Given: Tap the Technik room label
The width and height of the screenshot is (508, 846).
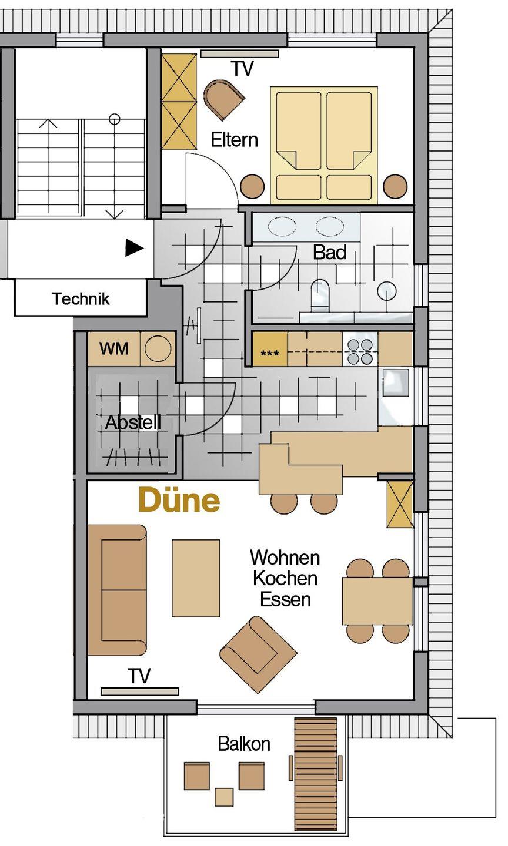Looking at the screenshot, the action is (81, 298).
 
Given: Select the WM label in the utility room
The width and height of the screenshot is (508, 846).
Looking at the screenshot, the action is (114, 348).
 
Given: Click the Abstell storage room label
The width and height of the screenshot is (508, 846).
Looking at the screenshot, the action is (133, 422).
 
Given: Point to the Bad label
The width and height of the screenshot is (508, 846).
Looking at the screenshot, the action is (330, 252).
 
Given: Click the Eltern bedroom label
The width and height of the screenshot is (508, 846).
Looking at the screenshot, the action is (235, 140).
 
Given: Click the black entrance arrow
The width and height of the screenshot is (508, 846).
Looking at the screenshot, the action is (135, 248).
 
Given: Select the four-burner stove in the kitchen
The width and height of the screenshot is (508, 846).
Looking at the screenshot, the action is (360, 351).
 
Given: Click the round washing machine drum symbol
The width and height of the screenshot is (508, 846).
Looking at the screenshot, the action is (158, 348).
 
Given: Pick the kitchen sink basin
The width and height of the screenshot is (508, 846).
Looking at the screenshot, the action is (396, 382).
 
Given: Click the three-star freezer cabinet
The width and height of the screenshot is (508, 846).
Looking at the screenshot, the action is (270, 348).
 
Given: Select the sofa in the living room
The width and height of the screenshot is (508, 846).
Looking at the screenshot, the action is (117, 590).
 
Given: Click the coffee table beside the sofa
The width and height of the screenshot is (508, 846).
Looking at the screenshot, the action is (196, 578).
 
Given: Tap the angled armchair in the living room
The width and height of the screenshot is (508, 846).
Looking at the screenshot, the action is (259, 655).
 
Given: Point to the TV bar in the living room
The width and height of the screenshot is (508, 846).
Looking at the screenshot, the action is (140, 691).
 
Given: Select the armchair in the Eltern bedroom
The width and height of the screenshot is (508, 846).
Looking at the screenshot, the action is (224, 100).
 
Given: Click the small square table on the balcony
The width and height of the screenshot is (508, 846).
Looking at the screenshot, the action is (224, 797).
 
